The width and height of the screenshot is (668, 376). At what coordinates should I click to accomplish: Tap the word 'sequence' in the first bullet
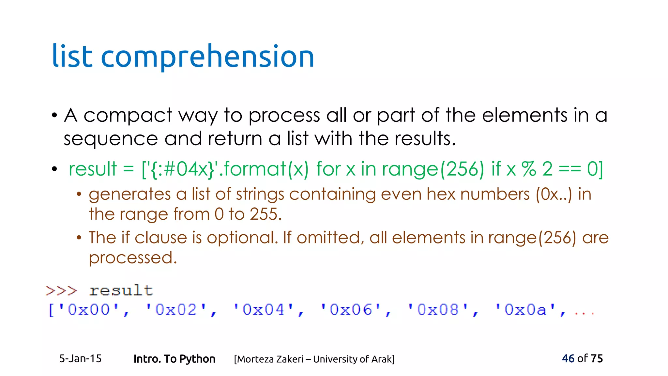[x=111, y=139]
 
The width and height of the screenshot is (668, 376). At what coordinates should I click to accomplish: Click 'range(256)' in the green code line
[x=433, y=169]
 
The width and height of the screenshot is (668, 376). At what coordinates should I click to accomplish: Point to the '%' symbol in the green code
[x=528, y=169]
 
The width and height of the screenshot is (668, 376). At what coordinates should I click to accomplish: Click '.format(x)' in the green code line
[x=263, y=169]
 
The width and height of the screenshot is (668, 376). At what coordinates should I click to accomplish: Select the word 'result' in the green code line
[x=93, y=169]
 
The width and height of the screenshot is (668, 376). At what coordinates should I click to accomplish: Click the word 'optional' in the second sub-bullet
[x=241, y=238]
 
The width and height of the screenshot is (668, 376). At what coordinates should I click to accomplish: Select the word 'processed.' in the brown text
[x=133, y=258]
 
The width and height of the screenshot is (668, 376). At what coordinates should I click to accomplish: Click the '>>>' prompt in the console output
[x=61, y=290]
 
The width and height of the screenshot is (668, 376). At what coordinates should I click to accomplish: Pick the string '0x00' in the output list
[x=89, y=309]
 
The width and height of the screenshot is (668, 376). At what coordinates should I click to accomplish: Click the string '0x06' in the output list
[x=351, y=309]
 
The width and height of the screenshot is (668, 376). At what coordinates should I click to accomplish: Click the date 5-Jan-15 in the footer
[x=80, y=359]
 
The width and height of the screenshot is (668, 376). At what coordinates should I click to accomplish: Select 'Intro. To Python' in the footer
[x=174, y=359]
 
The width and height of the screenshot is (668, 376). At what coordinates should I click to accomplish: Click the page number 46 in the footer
[x=568, y=358]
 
